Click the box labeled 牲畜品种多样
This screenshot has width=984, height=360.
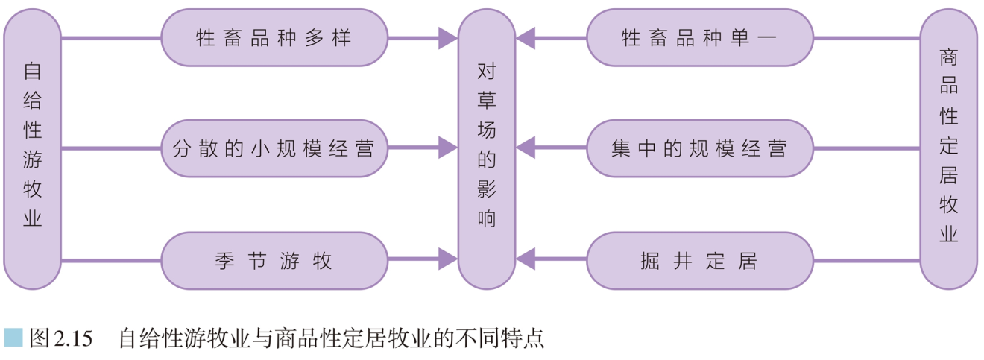[x=274, y=38]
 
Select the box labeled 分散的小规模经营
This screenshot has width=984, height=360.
[x=274, y=148]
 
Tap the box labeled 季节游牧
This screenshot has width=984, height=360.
[x=274, y=260]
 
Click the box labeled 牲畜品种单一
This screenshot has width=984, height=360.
[x=699, y=38]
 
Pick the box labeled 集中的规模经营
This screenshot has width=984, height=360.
[x=699, y=148]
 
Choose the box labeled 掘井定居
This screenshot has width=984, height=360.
[x=699, y=260]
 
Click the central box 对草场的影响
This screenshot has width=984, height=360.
[x=486, y=148]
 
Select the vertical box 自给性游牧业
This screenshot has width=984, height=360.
[x=32, y=148]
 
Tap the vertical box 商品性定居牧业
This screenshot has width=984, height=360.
[x=948, y=148]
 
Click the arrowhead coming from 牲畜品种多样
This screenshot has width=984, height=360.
[x=447, y=38]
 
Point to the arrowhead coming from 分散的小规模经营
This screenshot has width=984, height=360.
[x=447, y=148]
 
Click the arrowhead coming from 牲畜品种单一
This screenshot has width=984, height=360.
[x=526, y=38]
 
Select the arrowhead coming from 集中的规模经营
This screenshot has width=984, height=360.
[x=526, y=148]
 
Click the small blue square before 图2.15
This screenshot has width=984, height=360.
[x=13, y=338]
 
